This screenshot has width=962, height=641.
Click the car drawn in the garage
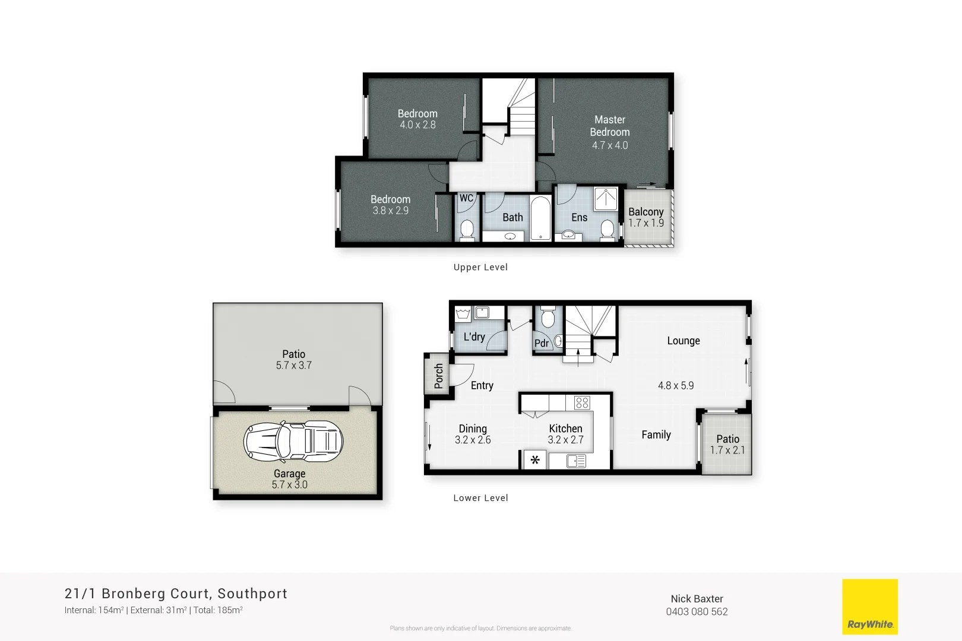(x=293, y=442)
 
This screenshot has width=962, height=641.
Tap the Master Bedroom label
(x=610, y=126)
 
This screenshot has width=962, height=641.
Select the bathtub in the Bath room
(x=540, y=218)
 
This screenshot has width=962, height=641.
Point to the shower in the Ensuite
(x=606, y=199)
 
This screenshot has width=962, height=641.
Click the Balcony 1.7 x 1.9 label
(x=646, y=217)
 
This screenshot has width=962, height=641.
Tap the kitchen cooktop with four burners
(x=582, y=403)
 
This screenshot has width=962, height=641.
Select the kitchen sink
(x=575, y=461)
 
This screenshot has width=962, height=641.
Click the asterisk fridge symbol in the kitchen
(x=535, y=460)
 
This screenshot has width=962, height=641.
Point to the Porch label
(x=438, y=376)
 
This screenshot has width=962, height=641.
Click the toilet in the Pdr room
(x=548, y=319)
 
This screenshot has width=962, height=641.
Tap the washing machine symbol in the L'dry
(x=463, y=313)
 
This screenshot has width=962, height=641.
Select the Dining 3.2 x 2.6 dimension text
(x=473, y=440)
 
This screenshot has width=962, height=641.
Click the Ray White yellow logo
(x=870, y=607)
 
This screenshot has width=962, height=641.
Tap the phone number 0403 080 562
(x=697, y=612)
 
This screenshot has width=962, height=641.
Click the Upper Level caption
(x=480, y=267)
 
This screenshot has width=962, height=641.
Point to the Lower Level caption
(x=480, y=498)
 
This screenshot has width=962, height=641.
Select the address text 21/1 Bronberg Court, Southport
(x=176, y=594)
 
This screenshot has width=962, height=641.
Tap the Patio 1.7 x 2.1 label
(x=727, y=444)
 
